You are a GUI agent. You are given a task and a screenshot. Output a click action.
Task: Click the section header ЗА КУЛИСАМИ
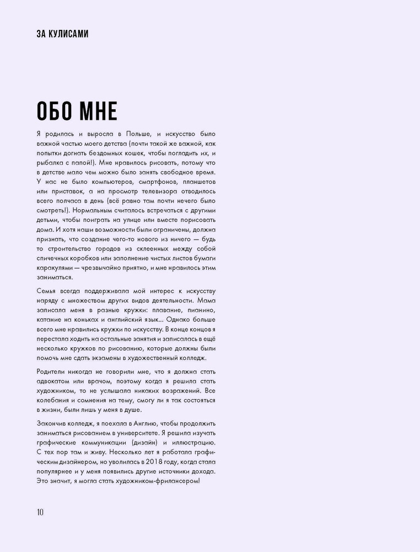tap(61, 34)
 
